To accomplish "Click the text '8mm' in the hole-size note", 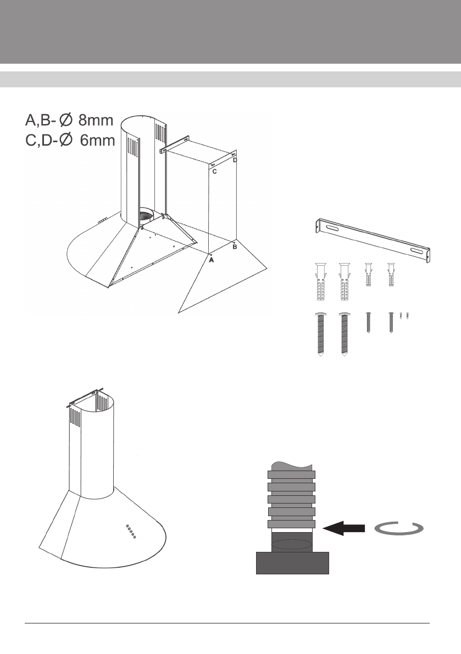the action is tap(95, 120).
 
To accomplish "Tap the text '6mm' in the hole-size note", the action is tap(95, 140).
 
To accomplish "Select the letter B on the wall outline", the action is tap(235, 248).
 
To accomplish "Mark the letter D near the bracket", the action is tap(235, 160).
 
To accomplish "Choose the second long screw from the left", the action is tap(344, 336).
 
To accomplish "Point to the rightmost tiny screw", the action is tap(407, 316).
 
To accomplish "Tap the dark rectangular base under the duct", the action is tap(293, 563).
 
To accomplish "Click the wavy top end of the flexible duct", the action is tap(291, 465).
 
